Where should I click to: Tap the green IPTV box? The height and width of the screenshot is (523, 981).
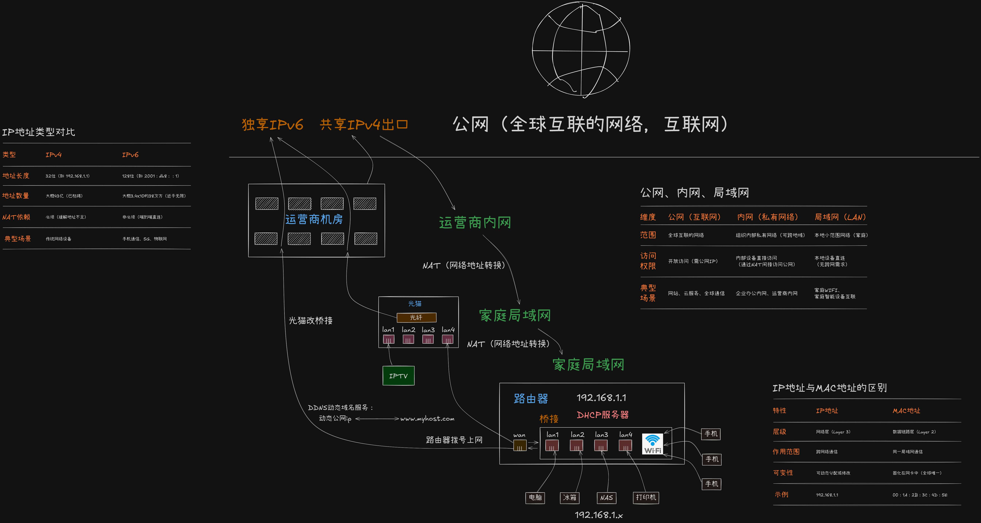pos(398,376)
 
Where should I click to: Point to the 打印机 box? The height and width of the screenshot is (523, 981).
pos(646,498)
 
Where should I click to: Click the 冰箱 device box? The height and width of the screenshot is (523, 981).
pos(570,498)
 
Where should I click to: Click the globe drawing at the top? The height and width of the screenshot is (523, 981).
pos(581,49)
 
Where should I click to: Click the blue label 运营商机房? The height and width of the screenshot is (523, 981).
pos(314,219)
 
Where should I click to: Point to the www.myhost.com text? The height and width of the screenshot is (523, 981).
pos(427,419)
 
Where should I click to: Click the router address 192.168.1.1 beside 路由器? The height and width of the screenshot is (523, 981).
pos(601,398)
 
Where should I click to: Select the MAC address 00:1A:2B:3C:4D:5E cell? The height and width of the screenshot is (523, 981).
pos(920,495)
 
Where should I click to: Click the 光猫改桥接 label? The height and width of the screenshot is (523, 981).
pos(310,320)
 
